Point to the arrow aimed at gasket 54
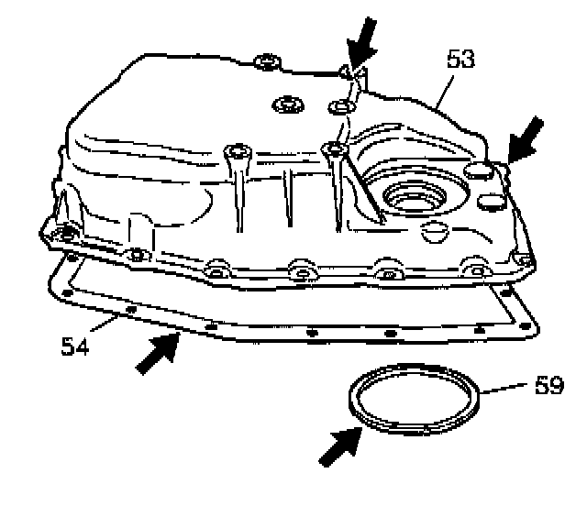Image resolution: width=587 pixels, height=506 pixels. pos(156,355)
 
